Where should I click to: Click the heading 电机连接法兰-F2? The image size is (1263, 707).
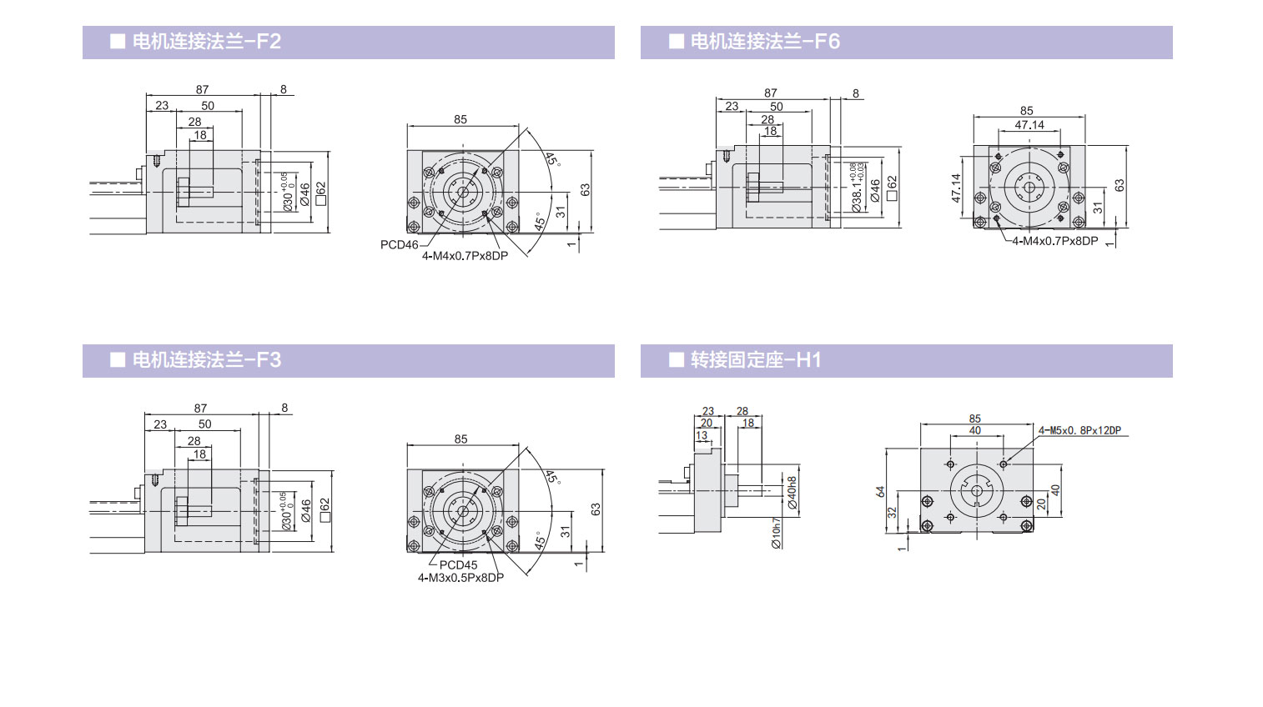point(206,42)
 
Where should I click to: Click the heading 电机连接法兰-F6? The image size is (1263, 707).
point(764,42)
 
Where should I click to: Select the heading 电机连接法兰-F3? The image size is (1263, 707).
point(206,360)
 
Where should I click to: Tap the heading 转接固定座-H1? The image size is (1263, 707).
point(755,360)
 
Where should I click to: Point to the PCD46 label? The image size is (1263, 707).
point(399,245)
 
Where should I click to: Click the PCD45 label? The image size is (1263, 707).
point(458,565)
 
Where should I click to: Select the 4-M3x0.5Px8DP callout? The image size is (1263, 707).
point(460,578)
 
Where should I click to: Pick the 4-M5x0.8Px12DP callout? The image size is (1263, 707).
point(1079,431)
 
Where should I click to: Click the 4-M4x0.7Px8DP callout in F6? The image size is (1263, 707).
point(1054,241)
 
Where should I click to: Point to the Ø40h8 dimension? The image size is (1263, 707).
point(792,493)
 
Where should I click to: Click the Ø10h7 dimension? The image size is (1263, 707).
point(776,533)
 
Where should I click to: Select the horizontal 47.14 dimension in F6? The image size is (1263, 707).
point(1029,125)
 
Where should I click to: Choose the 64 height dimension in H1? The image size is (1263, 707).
point(880,492)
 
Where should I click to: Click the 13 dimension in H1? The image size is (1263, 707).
point(702,436)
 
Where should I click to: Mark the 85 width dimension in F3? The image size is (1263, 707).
point(460,439)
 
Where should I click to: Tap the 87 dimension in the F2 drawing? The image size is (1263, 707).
point(202,90)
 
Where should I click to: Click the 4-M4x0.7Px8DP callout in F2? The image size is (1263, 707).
point(465,256)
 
